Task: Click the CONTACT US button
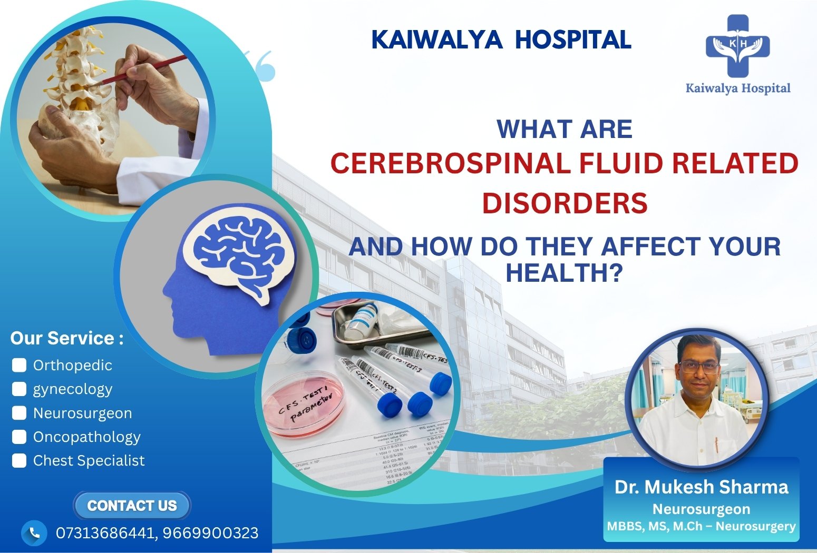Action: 132,506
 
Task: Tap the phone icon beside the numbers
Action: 34,533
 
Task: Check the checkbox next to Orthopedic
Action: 19,365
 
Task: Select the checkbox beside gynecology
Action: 19,389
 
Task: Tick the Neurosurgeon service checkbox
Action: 19,413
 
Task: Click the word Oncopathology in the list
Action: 86,437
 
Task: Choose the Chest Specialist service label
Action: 89,461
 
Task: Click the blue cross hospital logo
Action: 737,46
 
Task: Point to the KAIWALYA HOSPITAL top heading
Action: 501,40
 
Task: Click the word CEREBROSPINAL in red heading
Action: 451,163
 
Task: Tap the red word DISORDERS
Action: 565,203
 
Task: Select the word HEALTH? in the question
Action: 565,273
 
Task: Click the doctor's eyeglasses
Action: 699,367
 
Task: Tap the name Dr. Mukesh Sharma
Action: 701,487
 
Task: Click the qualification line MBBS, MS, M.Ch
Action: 701,526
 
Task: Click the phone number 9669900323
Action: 210,533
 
